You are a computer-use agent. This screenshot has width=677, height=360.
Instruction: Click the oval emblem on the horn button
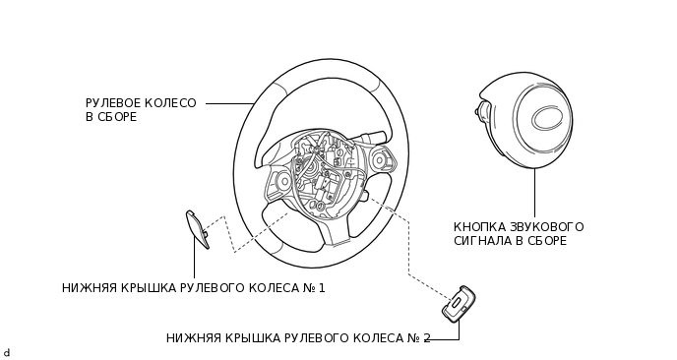(544, 117)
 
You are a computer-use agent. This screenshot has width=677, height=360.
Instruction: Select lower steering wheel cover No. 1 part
(197, 229)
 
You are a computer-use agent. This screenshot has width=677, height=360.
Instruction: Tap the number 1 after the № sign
(321, 288)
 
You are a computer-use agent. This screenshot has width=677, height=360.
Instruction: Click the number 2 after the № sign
(426, 338)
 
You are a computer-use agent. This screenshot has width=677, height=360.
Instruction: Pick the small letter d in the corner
(6, 352)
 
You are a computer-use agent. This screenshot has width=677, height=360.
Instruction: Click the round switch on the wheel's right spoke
(379, 159)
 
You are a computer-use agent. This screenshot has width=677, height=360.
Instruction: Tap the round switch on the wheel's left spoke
(283, 180)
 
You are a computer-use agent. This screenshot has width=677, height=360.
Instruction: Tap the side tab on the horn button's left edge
(482, 109)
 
